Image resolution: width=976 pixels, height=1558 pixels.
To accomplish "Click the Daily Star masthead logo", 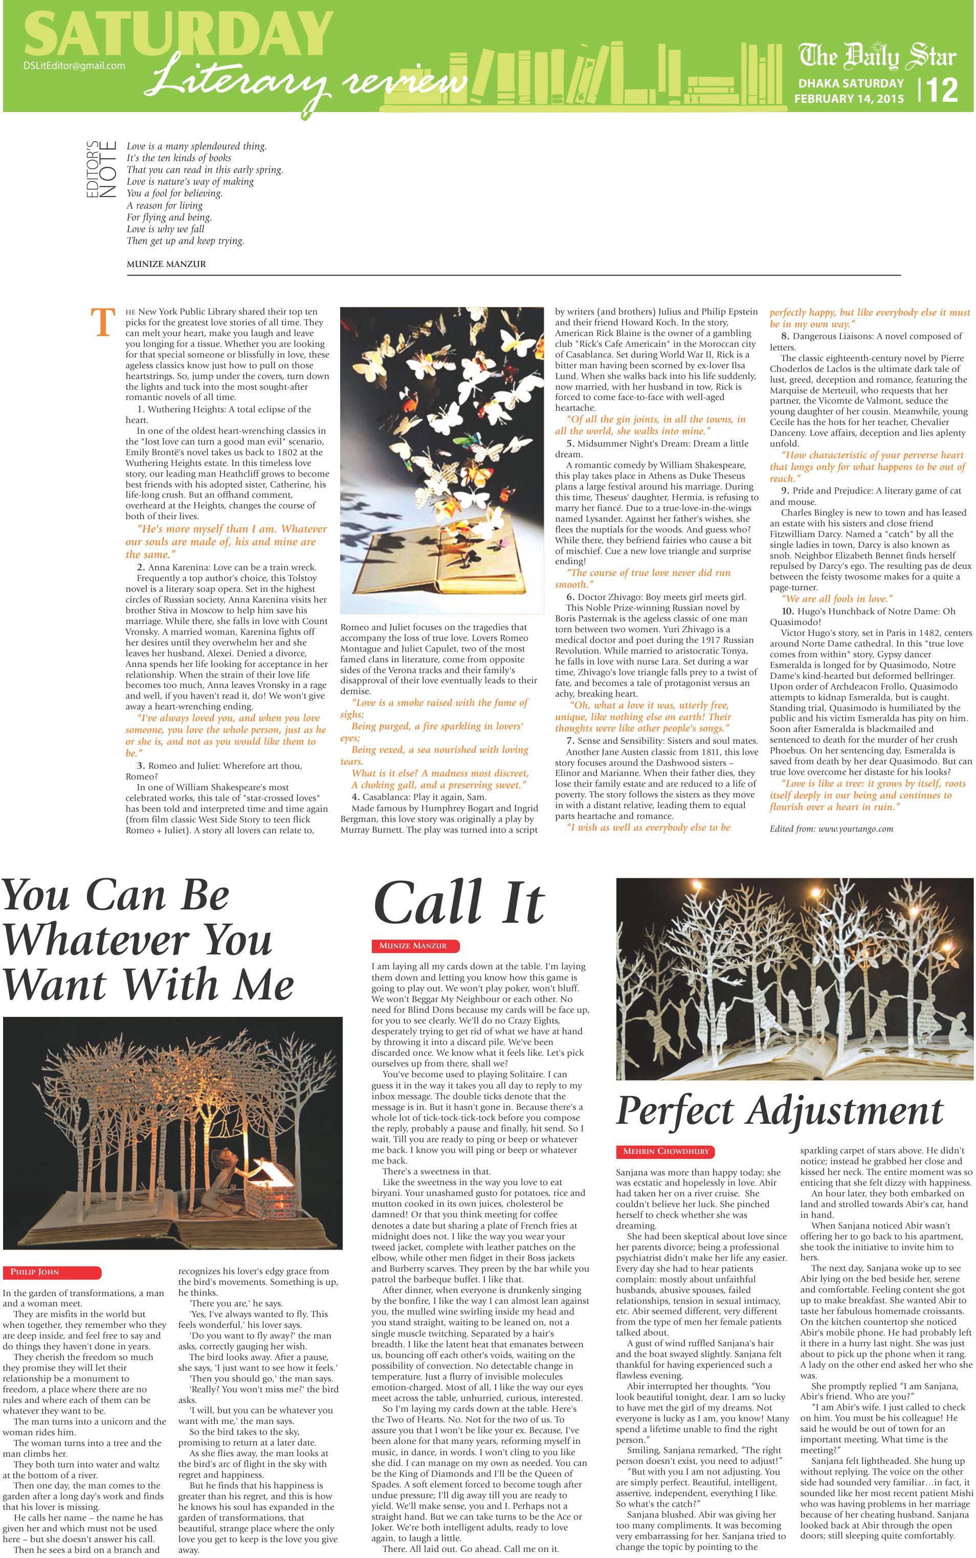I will point(877,57).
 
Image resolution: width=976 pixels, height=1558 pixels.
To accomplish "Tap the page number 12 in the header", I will point(942,91).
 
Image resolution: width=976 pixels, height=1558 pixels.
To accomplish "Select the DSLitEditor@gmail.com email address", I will point(74,65).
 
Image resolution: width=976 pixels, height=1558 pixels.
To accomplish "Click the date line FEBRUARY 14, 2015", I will point(849,99).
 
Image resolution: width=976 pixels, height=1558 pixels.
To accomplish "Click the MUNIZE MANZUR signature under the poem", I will point(167,264).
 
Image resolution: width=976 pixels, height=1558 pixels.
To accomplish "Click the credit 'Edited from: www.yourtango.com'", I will point(831,829).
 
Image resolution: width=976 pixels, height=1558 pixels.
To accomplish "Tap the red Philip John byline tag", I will point(52,1272).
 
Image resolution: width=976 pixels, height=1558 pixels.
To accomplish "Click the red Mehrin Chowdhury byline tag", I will point(666,1151).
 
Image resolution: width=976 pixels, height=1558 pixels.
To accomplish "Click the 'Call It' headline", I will point(459,904).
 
